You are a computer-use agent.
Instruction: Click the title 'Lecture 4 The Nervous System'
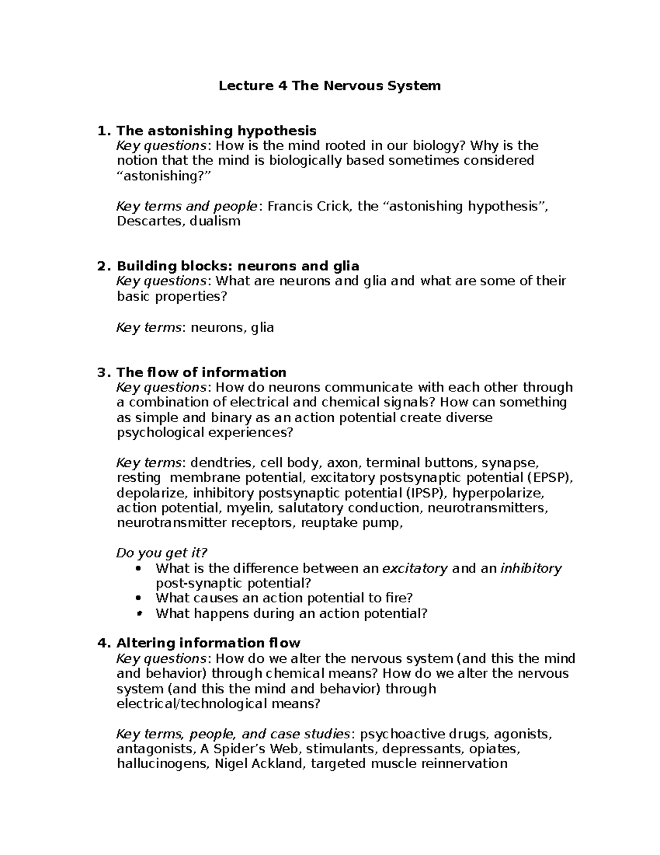[x=330, y=86]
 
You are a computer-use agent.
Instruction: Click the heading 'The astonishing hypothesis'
[x=216, y=131]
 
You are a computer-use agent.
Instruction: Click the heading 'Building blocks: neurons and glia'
[x=238, y=266]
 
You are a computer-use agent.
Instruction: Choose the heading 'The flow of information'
[x=201, y=373]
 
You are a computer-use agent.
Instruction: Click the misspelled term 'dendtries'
[x=221, y=463]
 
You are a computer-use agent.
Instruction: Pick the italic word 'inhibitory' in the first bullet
[x=531, y=569]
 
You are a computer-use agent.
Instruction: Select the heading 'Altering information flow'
[x=208, y=644]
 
